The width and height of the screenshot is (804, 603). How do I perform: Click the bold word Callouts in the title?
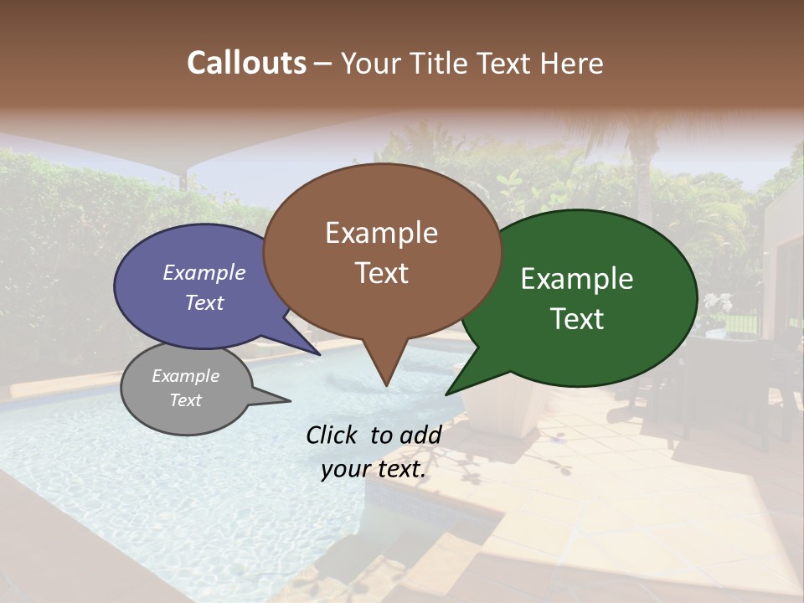(x=246, y=63)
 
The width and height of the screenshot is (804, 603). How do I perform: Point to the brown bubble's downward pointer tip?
(x=386, y=385)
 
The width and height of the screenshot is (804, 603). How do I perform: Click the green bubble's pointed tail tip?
(x=446, y=394)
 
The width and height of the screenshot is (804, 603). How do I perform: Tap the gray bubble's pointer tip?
(x=290, y=401)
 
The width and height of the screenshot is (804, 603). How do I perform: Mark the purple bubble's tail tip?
(x=320, y=355)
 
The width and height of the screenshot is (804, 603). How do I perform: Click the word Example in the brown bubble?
(x=381, y=233)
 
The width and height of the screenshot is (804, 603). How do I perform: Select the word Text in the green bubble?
(x=577, y=318)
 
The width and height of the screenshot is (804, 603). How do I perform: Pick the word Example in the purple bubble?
(x=204, y=272)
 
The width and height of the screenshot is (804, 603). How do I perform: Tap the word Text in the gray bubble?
(x=186, y=400)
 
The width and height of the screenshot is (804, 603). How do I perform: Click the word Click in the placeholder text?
(x=332, y=435)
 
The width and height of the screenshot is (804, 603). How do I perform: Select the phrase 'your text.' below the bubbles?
(x=374, y=469)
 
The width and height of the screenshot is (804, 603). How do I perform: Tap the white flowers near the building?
(x=717, y=303)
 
